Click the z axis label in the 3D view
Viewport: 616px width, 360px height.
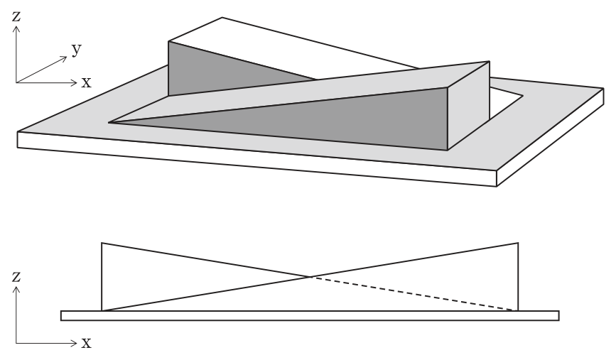[x=16, y=16]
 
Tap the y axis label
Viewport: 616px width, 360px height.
[x=77, y=50]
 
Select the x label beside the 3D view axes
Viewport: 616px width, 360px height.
[x=86, y=82]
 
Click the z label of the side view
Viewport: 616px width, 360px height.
[x=16, y=277]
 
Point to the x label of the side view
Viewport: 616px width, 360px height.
[x=86, y=343]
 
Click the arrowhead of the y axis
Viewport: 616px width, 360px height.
[x=65, y=58]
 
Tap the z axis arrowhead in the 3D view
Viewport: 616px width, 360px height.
[x=16, y=28]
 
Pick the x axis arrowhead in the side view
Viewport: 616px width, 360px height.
[x=75, y=344]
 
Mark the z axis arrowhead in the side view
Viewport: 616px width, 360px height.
[x=16, y=289]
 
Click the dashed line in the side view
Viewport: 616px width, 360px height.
[x=414, y=294]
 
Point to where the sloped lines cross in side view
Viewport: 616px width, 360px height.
[x=310, y=277]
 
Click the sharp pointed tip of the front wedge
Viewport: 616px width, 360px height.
[x=109, y=123]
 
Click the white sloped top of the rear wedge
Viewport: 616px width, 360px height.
[x=283, y=47]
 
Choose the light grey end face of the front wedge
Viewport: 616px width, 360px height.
[x=468, y=105]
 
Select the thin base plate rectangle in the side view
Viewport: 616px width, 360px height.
[x=310, y=316]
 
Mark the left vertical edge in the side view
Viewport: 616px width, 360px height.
[x=102, y=277]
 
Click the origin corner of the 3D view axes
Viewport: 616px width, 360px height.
[x=16, y=82]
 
